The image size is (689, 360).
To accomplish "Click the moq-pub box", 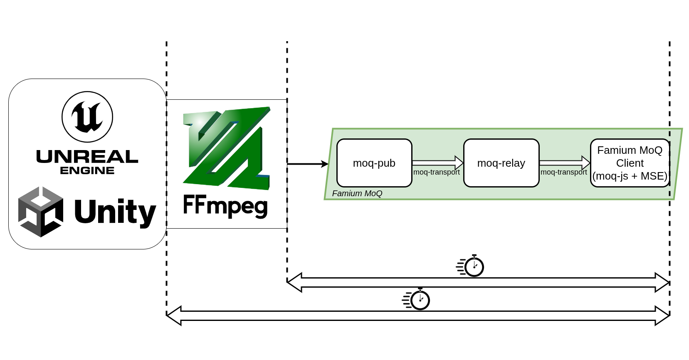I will coord(374,163).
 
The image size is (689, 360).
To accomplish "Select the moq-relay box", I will coord(501,163).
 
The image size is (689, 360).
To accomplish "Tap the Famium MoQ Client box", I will coord(630,163).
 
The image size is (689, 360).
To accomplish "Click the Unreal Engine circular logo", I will coord(87,117).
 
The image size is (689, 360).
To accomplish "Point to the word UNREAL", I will coord(87,157).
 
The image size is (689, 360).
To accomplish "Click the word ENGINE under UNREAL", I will coord(87,170).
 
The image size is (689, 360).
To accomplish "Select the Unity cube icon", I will coord(41,212).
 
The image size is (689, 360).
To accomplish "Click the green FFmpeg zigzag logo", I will coord(227,148).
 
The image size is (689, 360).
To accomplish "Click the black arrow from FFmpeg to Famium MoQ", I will coord(308,164).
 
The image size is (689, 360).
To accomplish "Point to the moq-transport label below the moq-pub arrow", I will coord(437,172).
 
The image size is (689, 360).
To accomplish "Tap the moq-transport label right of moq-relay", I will coord(564,172).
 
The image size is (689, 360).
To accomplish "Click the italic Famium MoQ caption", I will coord(357,193).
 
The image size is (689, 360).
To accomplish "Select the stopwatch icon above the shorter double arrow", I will coord(471,266).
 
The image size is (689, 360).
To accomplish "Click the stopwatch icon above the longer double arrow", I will coord(417,299).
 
